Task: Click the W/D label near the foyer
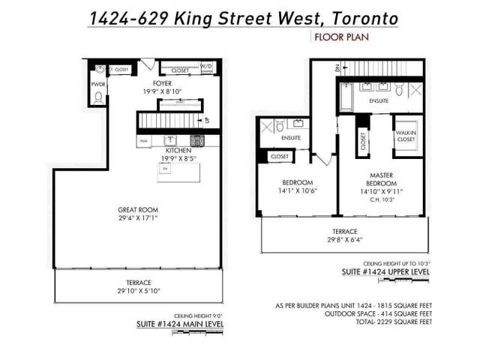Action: tap(206, 66)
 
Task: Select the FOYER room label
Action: tap(163, 82)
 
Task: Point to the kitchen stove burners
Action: tap(197, 140)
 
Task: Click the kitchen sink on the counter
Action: tap(170, 139)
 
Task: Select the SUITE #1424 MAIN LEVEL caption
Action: tap(180, 324)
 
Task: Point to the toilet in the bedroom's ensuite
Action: tap(279, 124)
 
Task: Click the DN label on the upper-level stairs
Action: tap(337, 67)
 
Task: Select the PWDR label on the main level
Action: tap(97, 85)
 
